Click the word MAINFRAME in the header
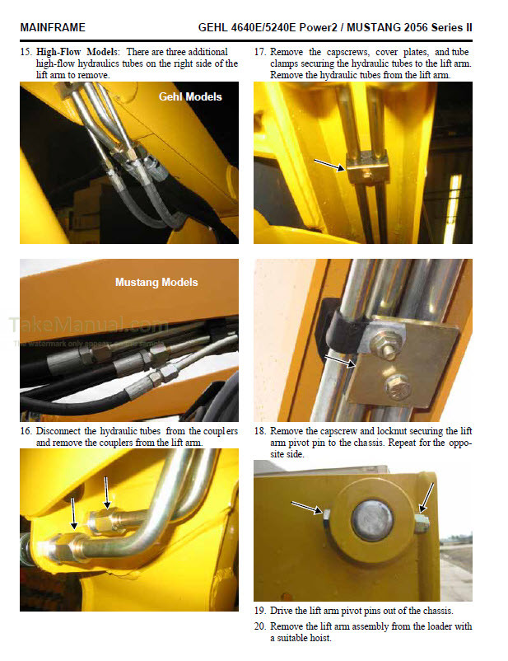(50, 27)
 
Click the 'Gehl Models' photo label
(190, 96)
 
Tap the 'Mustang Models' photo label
(156, 282)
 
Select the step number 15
(26, 52)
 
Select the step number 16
(26, 431)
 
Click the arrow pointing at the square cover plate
(338, 359)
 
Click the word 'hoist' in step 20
(318, 638)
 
